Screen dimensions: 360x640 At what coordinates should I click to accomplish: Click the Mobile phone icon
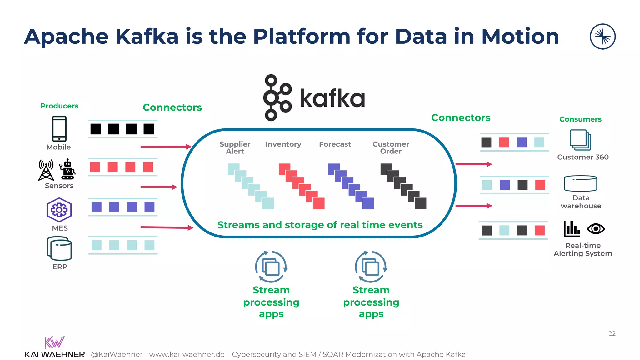pyautogui.click(x=59, y=129)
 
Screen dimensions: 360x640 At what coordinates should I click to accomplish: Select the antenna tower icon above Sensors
pyautogui.click(x=46, y=170)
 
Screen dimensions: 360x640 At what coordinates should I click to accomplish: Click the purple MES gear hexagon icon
pyautogui.click(x=59, y=210)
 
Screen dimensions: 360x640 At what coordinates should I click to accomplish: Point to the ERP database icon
pyautogui.click(x=59, y=248)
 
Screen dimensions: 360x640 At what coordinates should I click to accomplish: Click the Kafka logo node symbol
pyautogui.click(x=277, y=97)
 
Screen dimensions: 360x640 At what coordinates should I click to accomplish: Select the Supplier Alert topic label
pyautogui.click(x=235, y=147)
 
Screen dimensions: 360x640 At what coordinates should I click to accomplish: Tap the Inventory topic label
pyautogui.click(x=283, y=144)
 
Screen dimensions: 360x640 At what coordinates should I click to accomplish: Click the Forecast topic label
pyautogui.click(x=335, y=144)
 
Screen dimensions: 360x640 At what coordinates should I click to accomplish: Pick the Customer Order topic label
pyautogui.click(x=391, y=147)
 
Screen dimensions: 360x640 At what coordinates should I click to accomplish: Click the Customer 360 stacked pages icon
pyautogui.click(x=580, y=140)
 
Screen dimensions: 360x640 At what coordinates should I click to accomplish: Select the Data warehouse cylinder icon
pyautogui.click(x=580, y=183)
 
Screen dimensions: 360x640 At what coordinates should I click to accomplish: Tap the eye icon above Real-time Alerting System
pyautogui.click(x=596, y=229)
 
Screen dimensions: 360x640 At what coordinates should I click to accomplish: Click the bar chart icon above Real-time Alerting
pyautogui.click(x=572, y=229)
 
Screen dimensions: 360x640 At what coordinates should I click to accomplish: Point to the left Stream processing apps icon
pyautogui.click(x=271, y=267)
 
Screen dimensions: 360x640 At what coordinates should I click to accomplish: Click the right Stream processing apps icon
pyautogui.click(x=371, y=267)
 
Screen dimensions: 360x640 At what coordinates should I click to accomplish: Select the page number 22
pyautogui.click(x=612, y=333)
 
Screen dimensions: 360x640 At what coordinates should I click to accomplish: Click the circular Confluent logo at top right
pyautogui.click(x=602, y=37)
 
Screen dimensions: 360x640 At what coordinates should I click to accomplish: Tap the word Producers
pyautogui.click(x=59, y=106)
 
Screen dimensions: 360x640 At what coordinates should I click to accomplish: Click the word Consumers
pyautogui.click(x=580, y=119)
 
